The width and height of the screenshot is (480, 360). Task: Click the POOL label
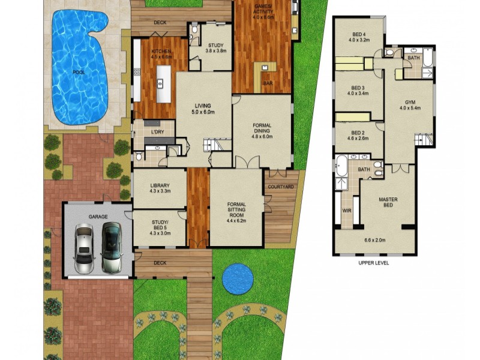(x=78, y=73)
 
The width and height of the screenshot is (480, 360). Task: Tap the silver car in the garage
(x=84, y=247)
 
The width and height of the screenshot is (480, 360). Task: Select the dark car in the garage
(x=111, y=247)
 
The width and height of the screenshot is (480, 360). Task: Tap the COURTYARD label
(x=280, y=187)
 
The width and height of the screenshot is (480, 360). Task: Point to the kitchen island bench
(x=161, y=84)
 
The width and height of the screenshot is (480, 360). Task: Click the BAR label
(x=268, y=83)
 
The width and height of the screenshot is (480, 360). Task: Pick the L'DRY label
(x=158, y=131)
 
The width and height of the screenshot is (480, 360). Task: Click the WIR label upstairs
(x=346, y=211)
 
